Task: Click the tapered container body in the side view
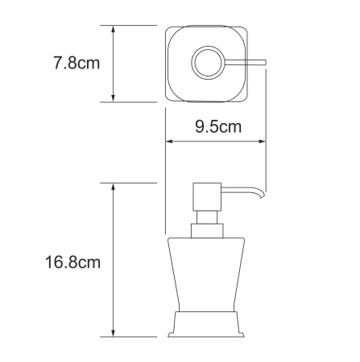206,274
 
